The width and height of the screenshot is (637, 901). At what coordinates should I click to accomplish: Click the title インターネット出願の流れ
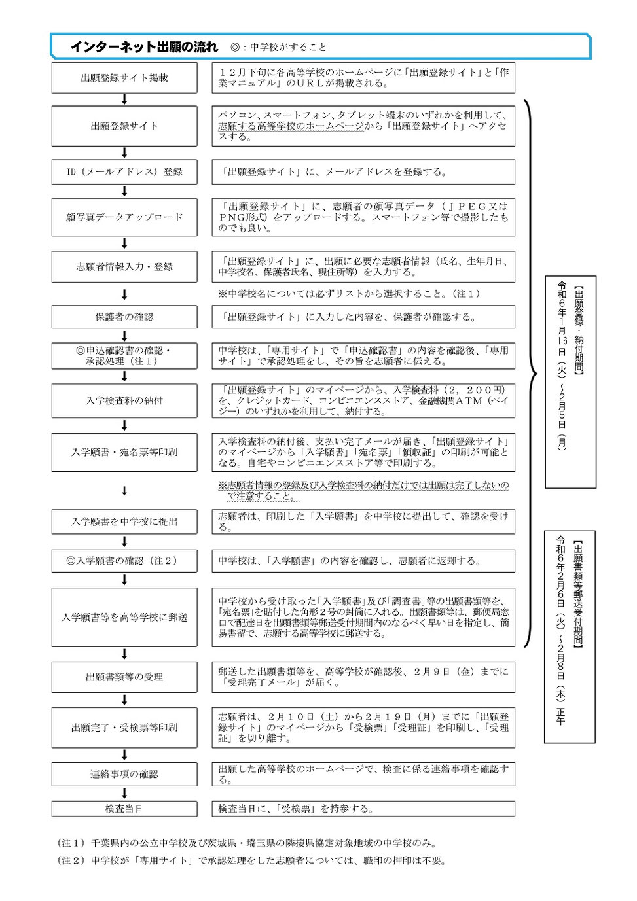[x=144, y=46]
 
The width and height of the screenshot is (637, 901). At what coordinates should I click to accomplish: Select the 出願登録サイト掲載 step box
[x=124, y=78]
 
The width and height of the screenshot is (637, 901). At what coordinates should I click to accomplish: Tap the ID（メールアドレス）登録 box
[x=124, y=172]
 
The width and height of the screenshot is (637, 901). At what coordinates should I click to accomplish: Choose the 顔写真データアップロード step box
[x=124, y=217]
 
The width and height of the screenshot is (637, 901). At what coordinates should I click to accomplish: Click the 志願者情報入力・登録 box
[x=124, y=267]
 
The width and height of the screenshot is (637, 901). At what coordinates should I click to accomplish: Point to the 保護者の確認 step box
[x=124, y=317]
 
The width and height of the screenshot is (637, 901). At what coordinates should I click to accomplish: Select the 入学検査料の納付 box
[x=124, y=400]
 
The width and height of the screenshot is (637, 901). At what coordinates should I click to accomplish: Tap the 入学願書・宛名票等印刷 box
[x=124, y=452]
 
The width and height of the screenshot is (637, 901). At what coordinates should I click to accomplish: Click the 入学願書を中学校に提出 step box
[x=124, y=522]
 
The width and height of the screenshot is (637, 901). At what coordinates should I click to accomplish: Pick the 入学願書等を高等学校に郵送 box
[x=124, y=617]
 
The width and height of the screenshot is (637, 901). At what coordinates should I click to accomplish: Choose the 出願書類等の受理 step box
[x=124, y=677]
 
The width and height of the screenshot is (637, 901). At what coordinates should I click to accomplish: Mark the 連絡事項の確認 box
[x=124, y=774]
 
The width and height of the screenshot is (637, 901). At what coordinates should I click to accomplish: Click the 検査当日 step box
[x=124, y=809]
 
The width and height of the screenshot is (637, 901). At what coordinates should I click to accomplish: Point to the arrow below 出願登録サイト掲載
[x=124, y=99]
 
